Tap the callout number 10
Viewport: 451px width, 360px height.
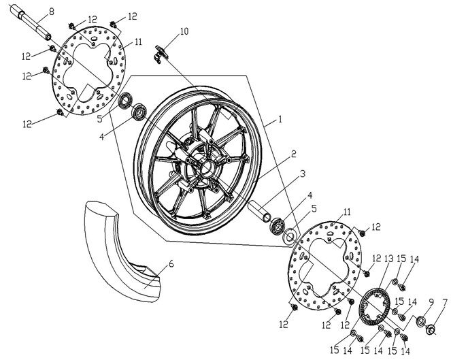(x=184, y=31)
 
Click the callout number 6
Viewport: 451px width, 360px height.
(x=171, y=262)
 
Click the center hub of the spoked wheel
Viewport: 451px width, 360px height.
(x=198, y=165)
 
